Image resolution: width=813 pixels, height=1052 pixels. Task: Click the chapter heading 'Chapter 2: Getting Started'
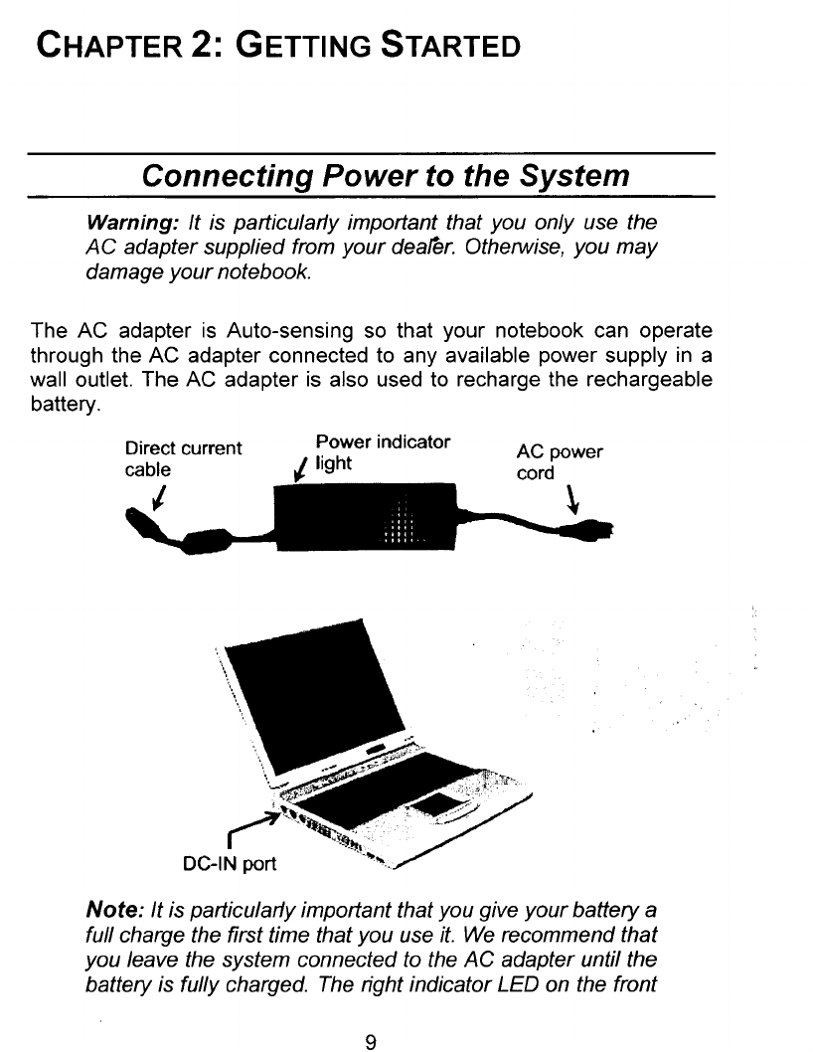[276, 45]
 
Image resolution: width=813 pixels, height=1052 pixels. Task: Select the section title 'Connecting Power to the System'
[386, 176]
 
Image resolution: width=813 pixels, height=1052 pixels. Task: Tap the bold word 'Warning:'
[122, 220]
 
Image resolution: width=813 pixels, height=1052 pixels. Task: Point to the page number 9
[370, 1015]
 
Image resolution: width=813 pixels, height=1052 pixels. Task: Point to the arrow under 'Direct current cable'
[159, 494]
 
